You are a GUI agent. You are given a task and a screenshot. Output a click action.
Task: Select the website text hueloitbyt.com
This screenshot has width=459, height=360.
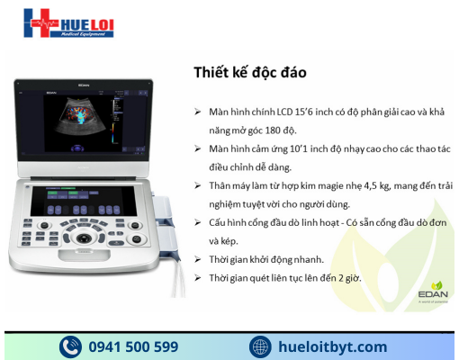[333, 346]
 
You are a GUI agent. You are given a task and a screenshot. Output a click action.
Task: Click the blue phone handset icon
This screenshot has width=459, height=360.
[69, 346]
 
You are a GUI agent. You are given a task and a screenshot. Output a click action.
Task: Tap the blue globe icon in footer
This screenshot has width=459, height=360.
[260, 346]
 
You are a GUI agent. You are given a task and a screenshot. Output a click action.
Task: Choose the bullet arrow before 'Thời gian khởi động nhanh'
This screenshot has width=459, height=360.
[197, 259]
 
